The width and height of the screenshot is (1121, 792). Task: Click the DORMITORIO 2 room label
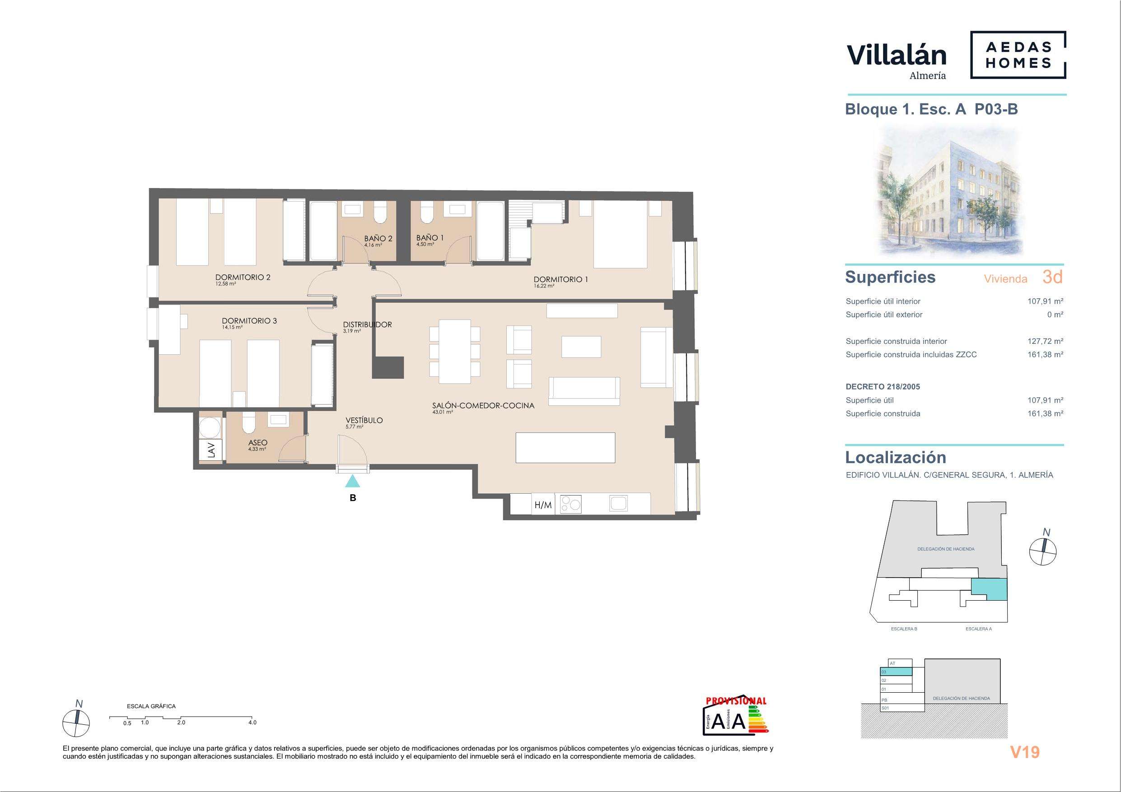click(243, 277)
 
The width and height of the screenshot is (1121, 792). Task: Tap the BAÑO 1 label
click(430, 238)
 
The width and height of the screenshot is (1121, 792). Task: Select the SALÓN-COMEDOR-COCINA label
click(483, 406)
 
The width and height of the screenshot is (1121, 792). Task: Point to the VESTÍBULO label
click(364, 420)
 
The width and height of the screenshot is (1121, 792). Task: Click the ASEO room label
click(258, 443)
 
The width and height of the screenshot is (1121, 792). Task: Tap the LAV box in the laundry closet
click(211, 449)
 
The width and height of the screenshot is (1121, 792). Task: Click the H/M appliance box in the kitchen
click(543, 505)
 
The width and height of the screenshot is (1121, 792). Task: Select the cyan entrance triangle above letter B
click(352, 482)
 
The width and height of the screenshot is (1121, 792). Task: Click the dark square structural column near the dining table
click(388, 367)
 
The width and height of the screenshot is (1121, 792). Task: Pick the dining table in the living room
click(454, 352)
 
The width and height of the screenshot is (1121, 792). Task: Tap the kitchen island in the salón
click(565, 448)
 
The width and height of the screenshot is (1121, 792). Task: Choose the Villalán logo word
click(897, 55)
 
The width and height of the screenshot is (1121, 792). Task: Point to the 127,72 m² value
click(1045, 342)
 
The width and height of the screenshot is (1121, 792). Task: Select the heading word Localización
click(896, 457)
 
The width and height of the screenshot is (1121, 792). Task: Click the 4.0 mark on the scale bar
click(252, 723)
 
